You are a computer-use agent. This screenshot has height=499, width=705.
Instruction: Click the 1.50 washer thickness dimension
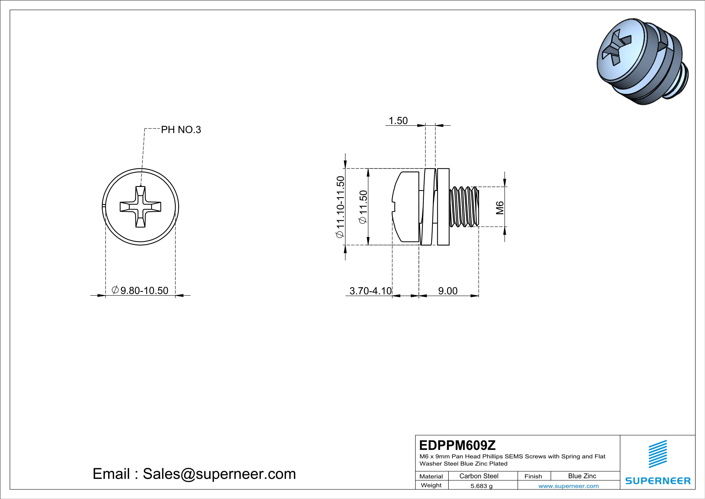pos(398,121)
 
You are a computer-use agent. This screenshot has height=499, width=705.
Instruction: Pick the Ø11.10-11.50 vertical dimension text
pos(340,207)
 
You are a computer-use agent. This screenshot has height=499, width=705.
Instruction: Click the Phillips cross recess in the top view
pos(140,207)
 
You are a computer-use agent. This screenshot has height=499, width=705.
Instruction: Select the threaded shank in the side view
pos(464,207)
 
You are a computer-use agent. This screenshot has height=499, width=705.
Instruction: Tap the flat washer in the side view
pos(443,207)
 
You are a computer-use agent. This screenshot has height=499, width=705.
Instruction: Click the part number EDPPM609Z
pos(457,445)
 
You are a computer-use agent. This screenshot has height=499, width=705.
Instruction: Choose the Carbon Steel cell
pos(479,476)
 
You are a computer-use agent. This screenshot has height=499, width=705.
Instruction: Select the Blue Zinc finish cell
pos(582,476)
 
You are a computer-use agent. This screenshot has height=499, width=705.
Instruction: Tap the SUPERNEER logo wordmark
pos(658,481)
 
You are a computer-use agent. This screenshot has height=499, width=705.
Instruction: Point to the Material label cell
pos(431,476)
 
